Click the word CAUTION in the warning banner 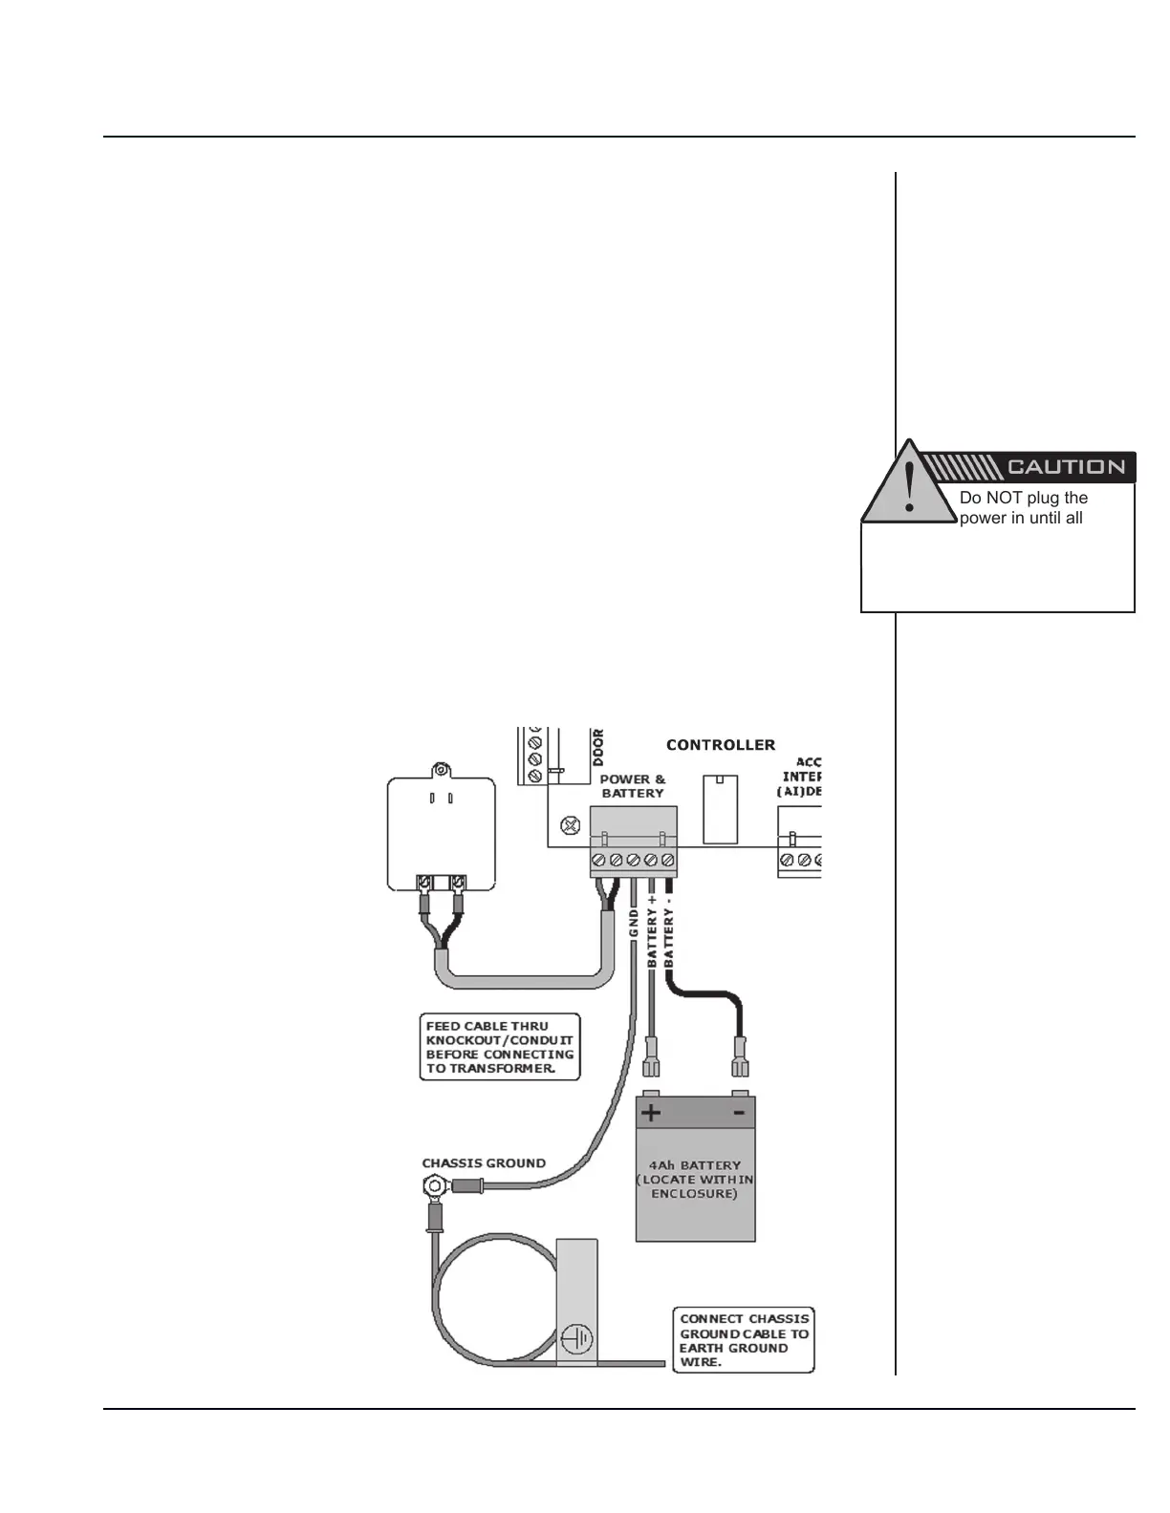[x=1066, y=467]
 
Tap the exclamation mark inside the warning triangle [x=909, y=487]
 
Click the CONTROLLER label [x=721, y=745]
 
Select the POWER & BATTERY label [x=632, y=786]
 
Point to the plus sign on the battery [x=651, y=1113]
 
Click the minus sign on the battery [x=738, y=1113]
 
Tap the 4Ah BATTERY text [x=695, y=1165]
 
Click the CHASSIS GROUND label [x=484, y=1163]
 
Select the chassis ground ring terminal [x=435, y=1188]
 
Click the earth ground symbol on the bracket [x=576, y=1338]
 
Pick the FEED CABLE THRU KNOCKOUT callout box [x=500, y=1047]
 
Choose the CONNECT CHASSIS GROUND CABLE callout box [x=744, y=1340]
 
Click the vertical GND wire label [x=634, y=923]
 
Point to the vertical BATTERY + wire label [x=652, y=931]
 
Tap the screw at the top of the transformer [x=441, y=771]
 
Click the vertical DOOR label [x=598, y=747]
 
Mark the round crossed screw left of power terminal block [x=571, y=823]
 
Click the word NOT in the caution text [x=1015, y=498]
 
